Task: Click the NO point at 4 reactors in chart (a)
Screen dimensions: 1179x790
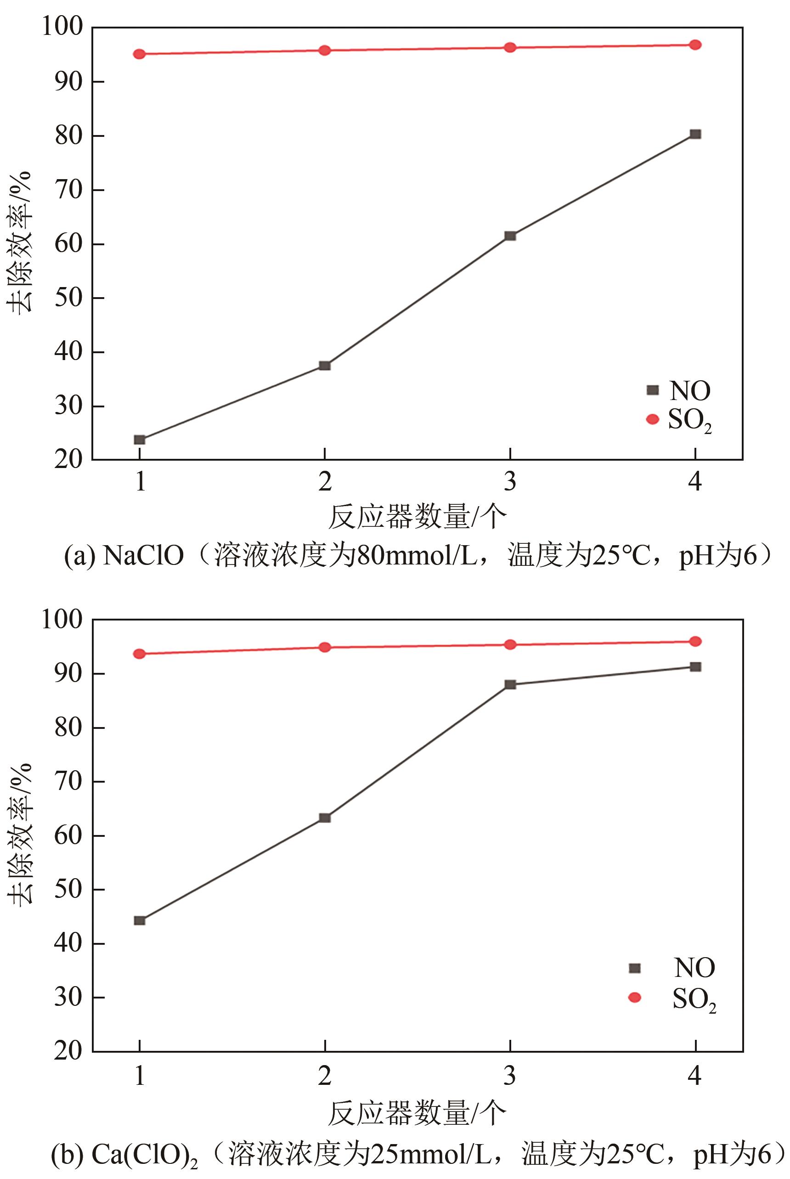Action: coord(695,134)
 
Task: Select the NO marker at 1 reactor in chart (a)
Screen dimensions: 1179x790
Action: coord(140,440)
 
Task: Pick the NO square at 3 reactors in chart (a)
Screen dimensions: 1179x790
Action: coord(510,236)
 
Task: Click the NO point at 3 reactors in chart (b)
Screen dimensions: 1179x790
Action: coord(510,684)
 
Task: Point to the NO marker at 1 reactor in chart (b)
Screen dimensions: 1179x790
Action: coord(140,920)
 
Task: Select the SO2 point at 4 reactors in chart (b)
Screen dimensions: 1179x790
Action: coord(695,641)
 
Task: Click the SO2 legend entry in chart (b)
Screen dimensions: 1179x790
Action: coord(672,998)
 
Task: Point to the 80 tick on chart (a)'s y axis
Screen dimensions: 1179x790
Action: coord(68,136)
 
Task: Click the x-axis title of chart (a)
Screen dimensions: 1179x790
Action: coord(417,517)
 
